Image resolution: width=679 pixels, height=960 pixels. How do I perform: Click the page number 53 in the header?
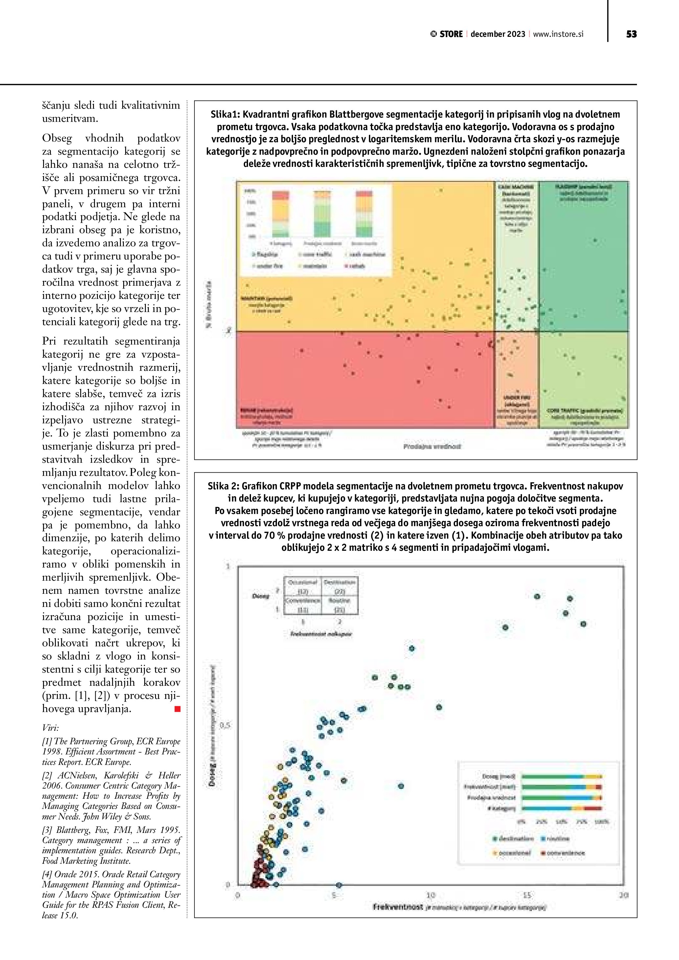tap(631, 34)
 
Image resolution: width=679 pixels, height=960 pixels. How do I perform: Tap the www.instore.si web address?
tap(558, 34)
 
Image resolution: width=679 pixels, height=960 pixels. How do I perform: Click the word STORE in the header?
tap(451, 34)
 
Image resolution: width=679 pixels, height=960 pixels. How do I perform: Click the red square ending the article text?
tap(178, 709)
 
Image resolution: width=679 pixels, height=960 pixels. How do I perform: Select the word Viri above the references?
tap(50, 727)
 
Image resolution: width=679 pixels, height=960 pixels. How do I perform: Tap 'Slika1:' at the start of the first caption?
tap(225, 115)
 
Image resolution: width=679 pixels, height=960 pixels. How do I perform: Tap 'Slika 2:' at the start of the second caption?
tap(223, 486)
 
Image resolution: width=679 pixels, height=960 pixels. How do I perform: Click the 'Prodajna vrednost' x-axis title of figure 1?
tap(432, 447)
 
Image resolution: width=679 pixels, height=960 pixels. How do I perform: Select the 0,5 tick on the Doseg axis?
tap(225, 726)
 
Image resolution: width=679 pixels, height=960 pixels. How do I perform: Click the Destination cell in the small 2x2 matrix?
tap(339, 582)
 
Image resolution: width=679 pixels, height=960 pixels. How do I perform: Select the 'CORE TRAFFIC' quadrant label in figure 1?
tap(584, 411)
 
